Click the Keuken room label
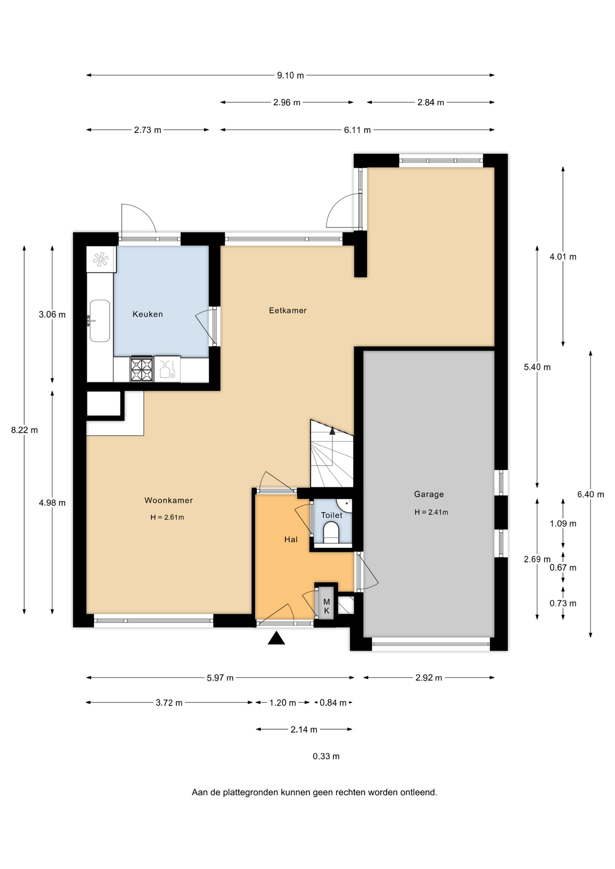148,314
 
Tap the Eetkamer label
288,310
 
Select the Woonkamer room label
168,500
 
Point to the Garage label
429,494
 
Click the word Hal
291,539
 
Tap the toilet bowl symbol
332,532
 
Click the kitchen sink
100,321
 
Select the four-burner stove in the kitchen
142,369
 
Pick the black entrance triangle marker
276,638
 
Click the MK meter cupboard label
327,606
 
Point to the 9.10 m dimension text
290,76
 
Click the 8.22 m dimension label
24,430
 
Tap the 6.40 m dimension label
591,494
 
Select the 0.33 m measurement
326,756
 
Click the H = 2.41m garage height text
431,512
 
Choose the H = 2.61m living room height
167,517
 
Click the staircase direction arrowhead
332,430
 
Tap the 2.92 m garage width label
428,678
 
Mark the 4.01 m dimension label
563,257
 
